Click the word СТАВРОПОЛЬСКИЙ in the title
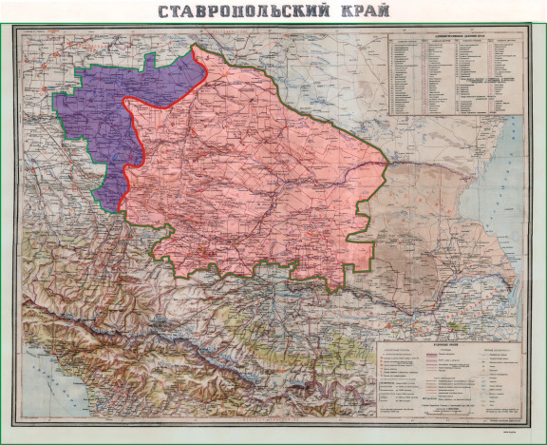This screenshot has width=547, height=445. click(x=237, y=12)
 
